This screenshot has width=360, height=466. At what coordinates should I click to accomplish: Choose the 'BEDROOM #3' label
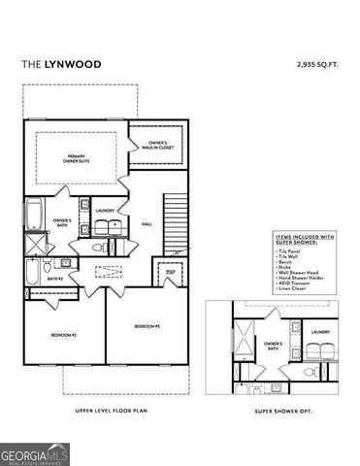[147, 325]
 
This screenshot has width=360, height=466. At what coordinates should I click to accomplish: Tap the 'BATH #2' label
[54, 279]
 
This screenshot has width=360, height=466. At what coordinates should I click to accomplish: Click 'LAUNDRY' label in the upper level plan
[106, 209]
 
